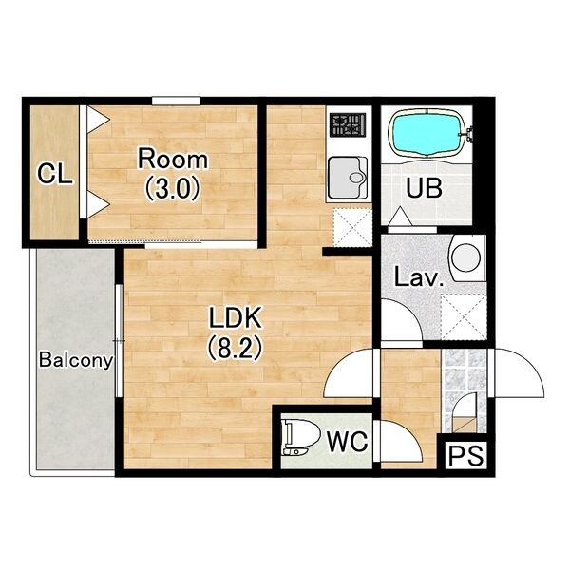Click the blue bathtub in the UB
[427, 134]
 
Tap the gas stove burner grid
[348, 124]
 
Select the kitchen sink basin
[348, 178]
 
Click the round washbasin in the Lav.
[466, 257]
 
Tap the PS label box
[466, 455]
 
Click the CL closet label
[55, 174]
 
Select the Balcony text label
[76, 361]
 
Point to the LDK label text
[236, 317]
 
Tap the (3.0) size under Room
[173, 188]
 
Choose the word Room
[173, 160]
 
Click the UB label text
[425, 188]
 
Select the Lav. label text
[420, 277]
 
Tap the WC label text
[348, 442]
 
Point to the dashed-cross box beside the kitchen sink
[352, 227]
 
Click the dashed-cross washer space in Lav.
[464, 316]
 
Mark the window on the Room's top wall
[177, 101]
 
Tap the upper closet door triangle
[97, 119]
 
